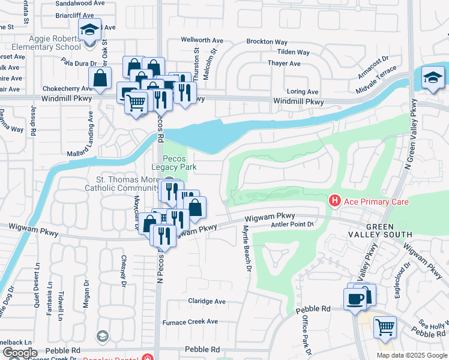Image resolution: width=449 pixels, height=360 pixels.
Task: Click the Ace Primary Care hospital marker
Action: [x=335, y=200]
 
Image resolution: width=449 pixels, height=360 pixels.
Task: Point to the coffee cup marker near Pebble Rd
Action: [x=354, y=298]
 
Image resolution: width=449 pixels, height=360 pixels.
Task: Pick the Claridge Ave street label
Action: [x=206, y=301]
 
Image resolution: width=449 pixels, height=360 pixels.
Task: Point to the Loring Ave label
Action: [x=303, y=92]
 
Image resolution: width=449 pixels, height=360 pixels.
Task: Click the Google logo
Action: [x=20, y=353]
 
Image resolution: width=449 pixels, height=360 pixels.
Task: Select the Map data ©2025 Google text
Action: [x=412, y=355]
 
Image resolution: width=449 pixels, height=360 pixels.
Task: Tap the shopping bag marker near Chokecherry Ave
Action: [x=100, y=78]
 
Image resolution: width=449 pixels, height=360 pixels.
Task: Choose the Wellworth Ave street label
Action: [x=202, y=40]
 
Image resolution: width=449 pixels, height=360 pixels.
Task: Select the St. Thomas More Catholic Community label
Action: [x=131, y=184]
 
